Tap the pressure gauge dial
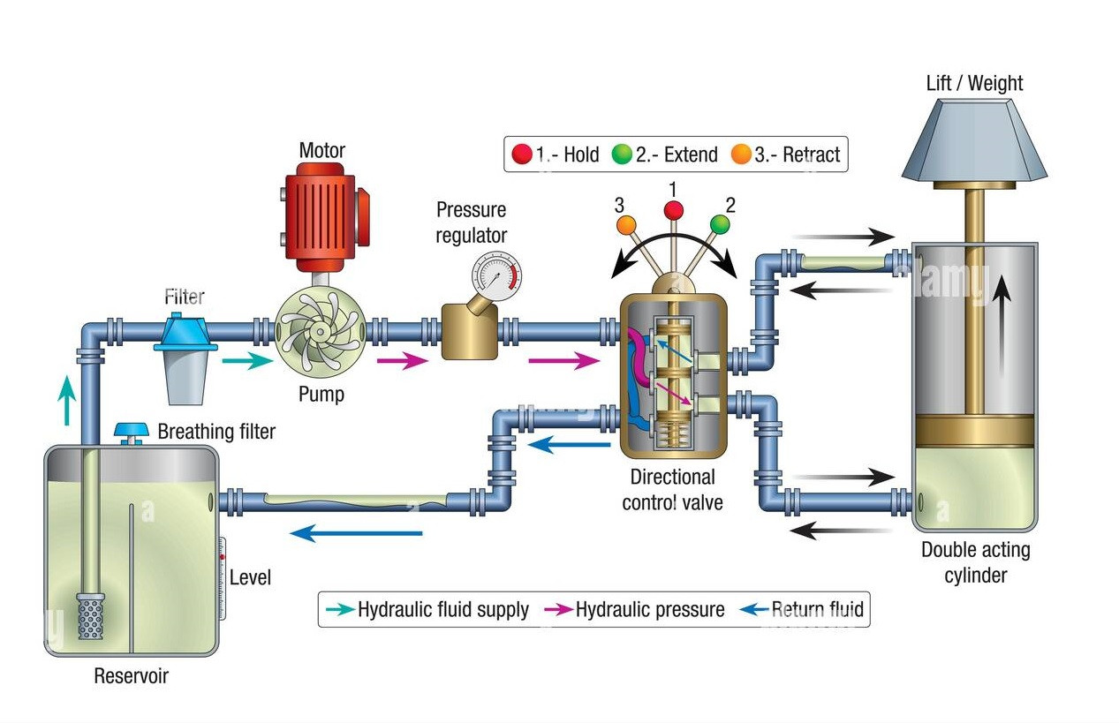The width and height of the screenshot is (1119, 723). point(496,275)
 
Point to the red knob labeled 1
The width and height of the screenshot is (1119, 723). point(674,210)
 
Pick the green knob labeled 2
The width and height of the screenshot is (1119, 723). point(720,225)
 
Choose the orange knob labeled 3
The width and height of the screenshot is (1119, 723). point(626,225)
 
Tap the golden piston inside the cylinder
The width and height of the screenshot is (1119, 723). point(973,431)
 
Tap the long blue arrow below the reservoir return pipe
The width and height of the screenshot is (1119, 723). point(356,533)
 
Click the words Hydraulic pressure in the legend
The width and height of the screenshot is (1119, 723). point(649,609)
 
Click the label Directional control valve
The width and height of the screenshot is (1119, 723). point(672,490)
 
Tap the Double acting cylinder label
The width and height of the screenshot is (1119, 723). point(975,562)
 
